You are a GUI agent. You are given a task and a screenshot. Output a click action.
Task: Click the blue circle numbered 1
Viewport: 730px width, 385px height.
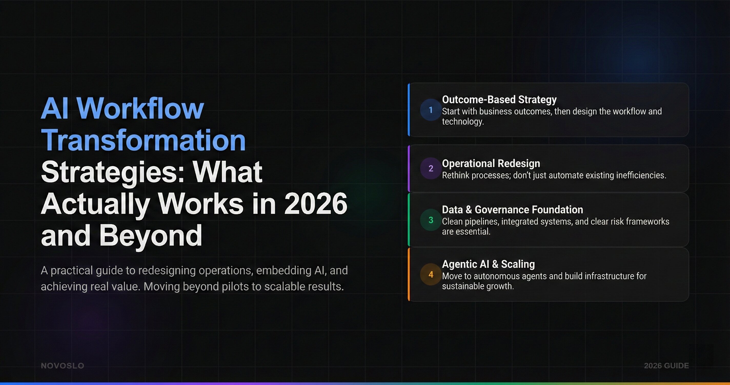(x=431, y=110)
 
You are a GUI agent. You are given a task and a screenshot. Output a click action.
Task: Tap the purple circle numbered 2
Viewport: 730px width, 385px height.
(x=431, y=168)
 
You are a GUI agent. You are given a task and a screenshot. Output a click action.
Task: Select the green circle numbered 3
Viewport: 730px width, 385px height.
(x=431, y=220)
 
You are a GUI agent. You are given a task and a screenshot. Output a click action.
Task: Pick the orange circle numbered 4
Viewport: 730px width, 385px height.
(x=431, y=274)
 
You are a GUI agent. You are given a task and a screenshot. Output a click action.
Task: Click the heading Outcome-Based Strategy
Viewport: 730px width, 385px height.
(x=499, y=100)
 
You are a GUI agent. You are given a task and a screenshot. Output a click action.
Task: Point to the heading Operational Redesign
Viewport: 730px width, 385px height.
(x=491, y=163)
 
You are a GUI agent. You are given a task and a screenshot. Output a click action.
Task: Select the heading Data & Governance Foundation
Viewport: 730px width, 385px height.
(x=512, y=209)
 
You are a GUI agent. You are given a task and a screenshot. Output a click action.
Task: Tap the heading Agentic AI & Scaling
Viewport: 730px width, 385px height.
(x=488, y=264)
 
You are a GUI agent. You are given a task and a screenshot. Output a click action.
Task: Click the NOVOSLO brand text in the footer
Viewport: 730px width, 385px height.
(x=62, y=366)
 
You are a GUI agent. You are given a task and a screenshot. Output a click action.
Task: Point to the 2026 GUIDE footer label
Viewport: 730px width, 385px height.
(x=666, y=366)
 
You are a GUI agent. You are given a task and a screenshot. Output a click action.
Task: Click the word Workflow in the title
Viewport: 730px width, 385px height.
(x=140, y=109)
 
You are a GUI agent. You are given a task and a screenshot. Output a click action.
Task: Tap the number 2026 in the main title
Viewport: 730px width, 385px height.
(x=316, y=204)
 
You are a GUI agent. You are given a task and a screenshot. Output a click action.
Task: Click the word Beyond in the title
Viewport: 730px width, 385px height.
(x=150, y=236)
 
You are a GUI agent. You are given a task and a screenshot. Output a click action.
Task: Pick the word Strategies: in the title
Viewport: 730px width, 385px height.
(x=113, y=172)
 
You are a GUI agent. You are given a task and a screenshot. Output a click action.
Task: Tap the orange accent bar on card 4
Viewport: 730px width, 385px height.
(x=409, y=274)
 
